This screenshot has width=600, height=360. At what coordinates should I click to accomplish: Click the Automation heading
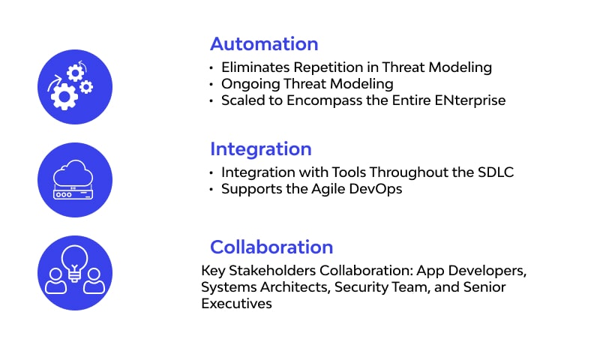[264, 43]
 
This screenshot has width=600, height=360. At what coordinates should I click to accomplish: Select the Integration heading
[260, 148]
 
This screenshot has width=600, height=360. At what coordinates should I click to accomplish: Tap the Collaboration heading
[271, 247]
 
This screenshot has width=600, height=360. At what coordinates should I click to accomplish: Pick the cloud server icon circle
[75, 180]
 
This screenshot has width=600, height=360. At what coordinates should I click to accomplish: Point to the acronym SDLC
[495, 172]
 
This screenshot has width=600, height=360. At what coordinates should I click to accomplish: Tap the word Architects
[289, 287]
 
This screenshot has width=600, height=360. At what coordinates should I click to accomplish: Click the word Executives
[236, 304]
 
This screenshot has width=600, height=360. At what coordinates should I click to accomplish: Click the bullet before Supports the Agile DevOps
[211, 190]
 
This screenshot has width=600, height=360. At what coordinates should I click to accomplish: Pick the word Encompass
[336, 100]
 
